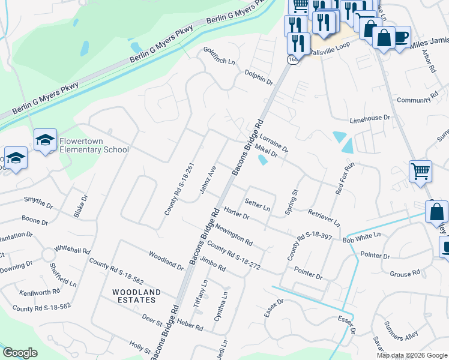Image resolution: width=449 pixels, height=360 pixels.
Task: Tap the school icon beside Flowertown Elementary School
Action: (x=45, y=140)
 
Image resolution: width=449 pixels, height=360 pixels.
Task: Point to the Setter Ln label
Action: (x=258, y=205)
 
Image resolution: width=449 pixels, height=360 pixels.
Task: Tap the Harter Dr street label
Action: (x=236, y=212)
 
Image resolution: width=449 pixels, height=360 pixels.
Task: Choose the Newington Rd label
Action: (x=234, y=235)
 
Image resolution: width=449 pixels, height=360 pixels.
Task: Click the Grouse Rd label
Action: (x=405, y=274)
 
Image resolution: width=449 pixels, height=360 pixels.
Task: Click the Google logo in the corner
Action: (x=20, y=353)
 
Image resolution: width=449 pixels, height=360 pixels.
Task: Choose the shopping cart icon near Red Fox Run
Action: (x=420, y=171)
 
